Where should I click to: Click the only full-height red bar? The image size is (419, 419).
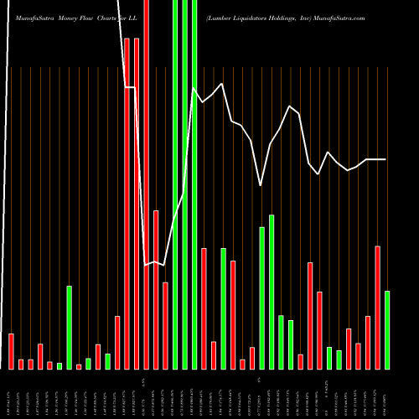[146, 184]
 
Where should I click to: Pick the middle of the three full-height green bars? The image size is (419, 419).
[184, 184]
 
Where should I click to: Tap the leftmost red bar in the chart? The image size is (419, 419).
[11, 351]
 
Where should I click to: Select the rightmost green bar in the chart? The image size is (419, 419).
[387, 329]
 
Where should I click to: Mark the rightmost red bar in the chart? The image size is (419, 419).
[377, 308]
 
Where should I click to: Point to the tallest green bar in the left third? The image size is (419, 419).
[69, 327]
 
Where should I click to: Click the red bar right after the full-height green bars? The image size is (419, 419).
[204, 308]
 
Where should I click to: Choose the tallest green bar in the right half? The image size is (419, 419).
[272, 292]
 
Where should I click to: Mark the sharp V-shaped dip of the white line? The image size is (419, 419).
[261, 184]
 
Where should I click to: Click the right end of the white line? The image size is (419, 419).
[385, 159]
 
